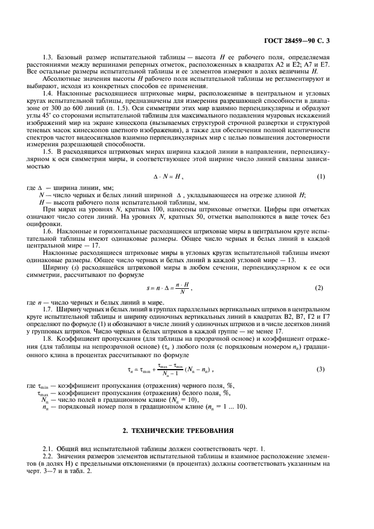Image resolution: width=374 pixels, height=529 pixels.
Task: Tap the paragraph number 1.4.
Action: (48, 92)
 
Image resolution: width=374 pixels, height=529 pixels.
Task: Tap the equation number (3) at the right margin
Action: (321, 369)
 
